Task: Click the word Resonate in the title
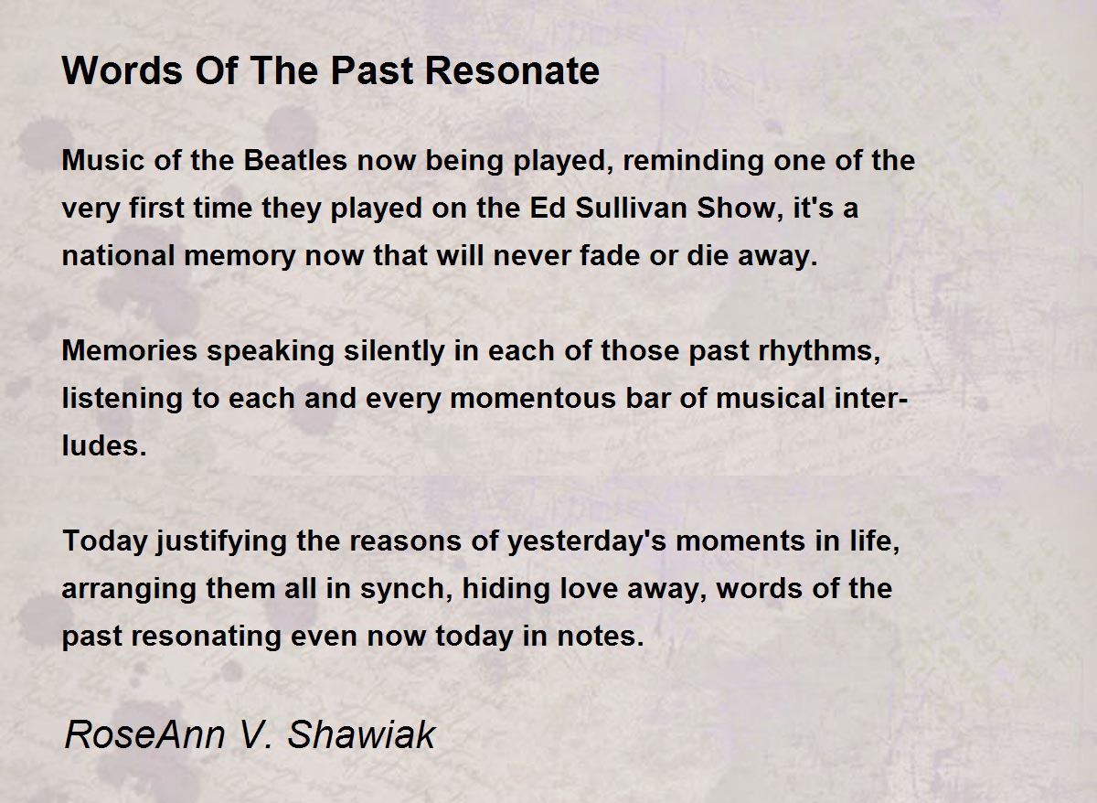(512, 71)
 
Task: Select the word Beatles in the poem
(295, 160)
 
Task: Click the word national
(119, 255)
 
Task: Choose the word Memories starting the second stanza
(129, 351)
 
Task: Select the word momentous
(533, 399)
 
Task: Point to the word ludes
(104, 445)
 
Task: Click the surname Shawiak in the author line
(361, 734)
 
